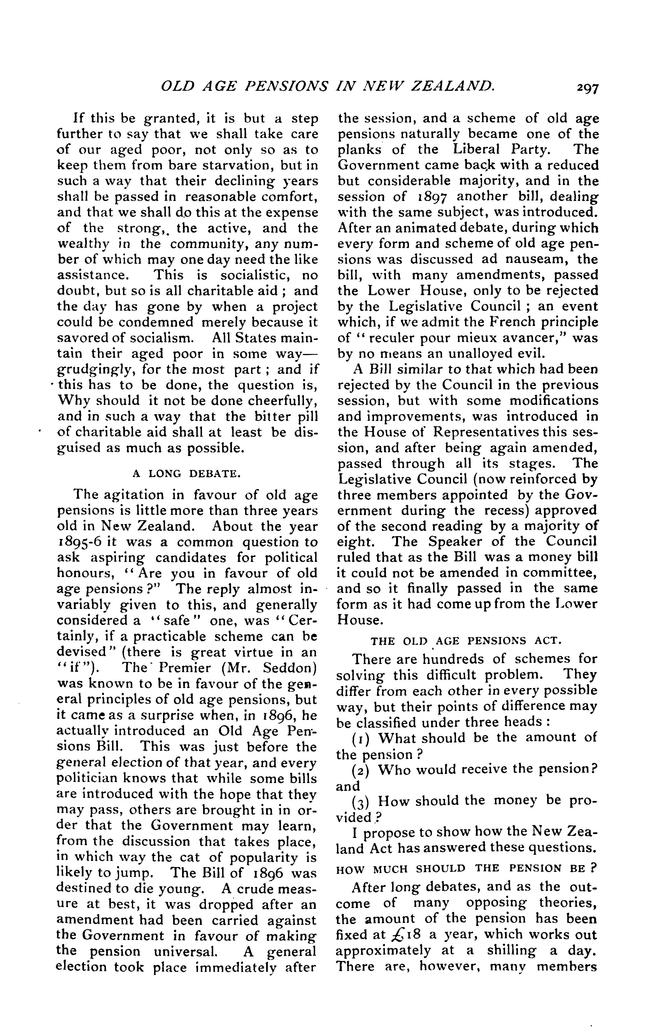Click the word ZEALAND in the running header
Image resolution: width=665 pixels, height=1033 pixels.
pos(452,86)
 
